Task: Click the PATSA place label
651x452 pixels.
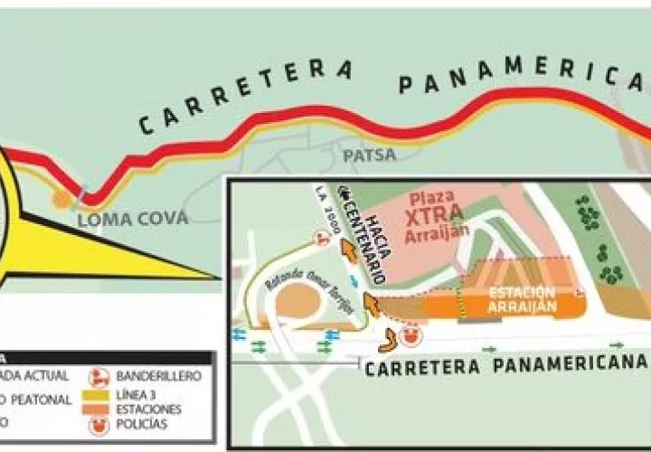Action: pos(369,155)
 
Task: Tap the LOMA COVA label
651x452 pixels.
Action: pos(132,219)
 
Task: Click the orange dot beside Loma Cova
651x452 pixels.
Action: pos(61,198)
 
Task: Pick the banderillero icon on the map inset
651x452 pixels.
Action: pos(320,238)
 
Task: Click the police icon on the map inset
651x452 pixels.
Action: pos(411,337)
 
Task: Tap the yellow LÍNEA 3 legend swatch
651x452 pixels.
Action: pos(98,392)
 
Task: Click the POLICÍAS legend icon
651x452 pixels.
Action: pos(98,426)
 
